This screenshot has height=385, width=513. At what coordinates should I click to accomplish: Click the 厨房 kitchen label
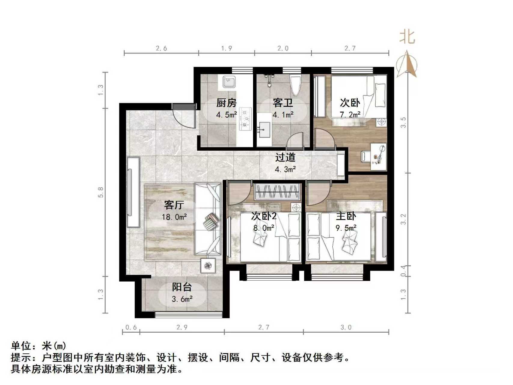click(226, 103)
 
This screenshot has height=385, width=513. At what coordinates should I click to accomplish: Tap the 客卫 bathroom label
click(282, 103)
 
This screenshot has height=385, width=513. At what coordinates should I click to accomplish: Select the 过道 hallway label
click(285, 157)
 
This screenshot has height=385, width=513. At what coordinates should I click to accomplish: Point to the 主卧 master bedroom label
click(346, 216)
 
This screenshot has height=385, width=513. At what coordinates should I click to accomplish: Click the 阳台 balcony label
click(182, 287)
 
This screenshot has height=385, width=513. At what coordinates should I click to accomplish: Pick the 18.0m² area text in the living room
click(174, 217)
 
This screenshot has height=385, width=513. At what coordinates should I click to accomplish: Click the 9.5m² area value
click(346, 228)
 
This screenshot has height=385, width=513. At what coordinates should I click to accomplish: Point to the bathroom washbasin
click(264, 130)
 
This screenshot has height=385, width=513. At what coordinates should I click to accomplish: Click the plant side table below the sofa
click(208, 266)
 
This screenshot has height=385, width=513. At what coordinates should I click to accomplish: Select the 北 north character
click(407, 37)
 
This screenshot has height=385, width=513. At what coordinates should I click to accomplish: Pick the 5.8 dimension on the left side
click(101, 192)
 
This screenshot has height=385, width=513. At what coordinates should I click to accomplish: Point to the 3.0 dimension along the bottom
click(346, 327)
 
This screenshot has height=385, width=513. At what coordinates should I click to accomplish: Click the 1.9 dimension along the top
click(226, 48)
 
